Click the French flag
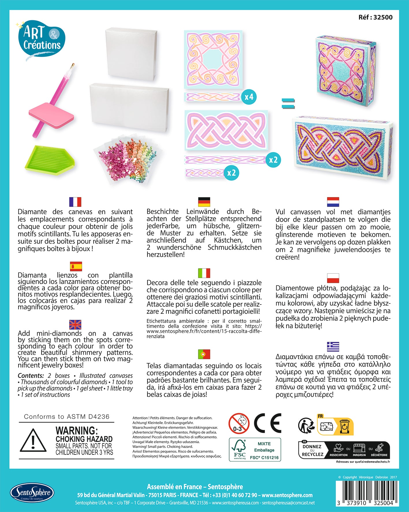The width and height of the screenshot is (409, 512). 75,202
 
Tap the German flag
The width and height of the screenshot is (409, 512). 204,202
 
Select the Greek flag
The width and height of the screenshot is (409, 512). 333,346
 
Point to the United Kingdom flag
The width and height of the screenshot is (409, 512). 75,325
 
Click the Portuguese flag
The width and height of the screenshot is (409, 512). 204,354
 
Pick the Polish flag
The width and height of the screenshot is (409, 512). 333,278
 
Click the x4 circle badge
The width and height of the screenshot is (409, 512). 249,97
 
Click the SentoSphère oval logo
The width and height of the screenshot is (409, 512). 32,493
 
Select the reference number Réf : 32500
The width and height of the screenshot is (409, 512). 375,17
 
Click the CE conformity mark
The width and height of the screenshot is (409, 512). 268,423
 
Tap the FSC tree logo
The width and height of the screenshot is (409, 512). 240,449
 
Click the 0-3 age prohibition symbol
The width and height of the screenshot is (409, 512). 239,424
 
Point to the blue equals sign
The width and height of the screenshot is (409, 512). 288,104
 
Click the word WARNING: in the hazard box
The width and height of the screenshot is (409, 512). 76,431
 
